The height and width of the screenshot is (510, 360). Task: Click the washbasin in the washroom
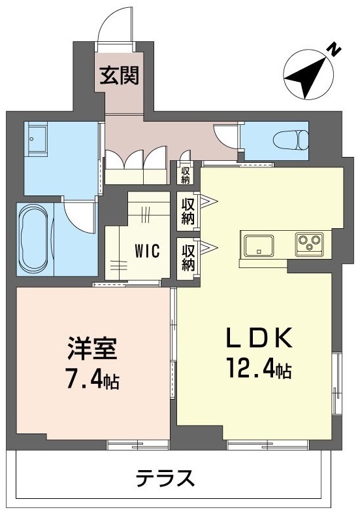tap(37, 138)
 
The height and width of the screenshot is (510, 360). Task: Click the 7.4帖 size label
tap(93, 381)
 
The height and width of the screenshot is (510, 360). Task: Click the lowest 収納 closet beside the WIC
tap(188, 257)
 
